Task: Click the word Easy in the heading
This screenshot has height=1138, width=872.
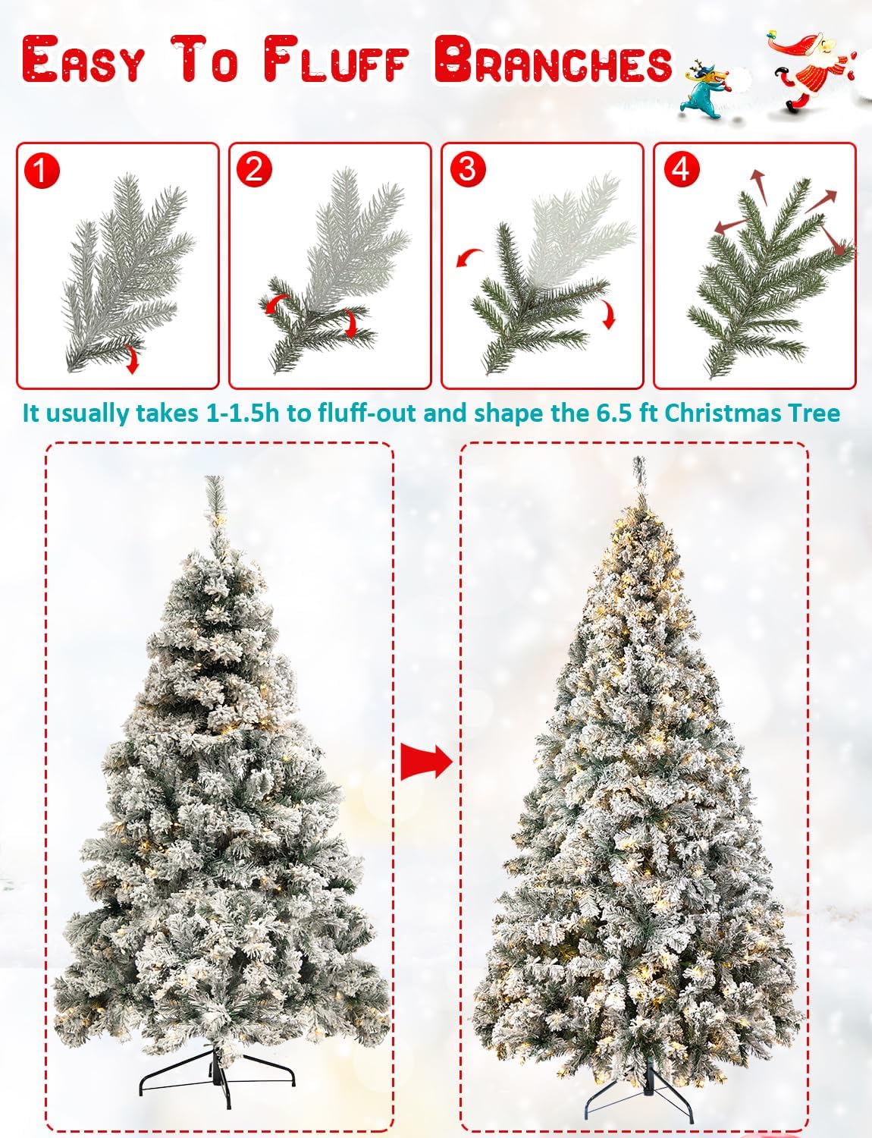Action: point(83,59)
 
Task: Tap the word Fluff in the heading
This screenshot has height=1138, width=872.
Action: point(335,59)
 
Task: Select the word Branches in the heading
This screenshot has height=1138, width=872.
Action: point(554,59)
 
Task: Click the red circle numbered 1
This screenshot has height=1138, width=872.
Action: point(42,170)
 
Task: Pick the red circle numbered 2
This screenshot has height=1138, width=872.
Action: point(254,170)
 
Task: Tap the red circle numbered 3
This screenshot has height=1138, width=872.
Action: point(467,169)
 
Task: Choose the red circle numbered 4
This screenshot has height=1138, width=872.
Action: point(681,169)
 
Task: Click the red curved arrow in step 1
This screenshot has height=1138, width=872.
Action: point(133,360)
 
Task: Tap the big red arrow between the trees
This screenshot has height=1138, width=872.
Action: point(425,762)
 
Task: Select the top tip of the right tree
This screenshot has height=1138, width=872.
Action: point(638,457)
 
